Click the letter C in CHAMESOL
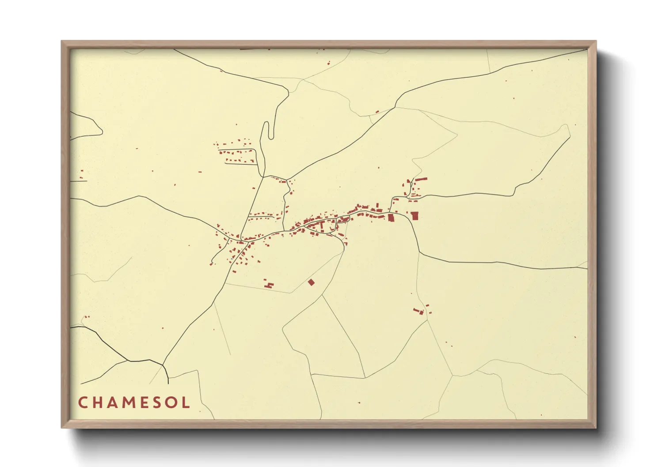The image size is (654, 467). click(x=83, y=402)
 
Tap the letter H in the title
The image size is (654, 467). click(x=99, y=402)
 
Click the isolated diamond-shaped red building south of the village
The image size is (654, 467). click(x=311, y=282)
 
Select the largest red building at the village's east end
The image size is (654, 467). click(x=414, y=216)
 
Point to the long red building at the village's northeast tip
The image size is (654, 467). click(x=421, y=179)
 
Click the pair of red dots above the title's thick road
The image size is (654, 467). click(x=86, y=316)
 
